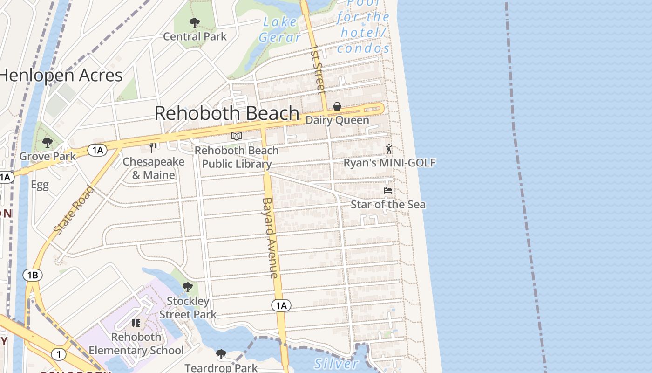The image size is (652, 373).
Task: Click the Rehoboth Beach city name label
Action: [x=227, y=113]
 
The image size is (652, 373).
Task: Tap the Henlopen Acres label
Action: [x=61, y=75]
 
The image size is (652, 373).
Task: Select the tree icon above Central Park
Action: [x=195, y=22]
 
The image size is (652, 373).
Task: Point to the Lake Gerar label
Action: [x=280, y=29]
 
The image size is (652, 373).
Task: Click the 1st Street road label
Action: [x=319, y=69]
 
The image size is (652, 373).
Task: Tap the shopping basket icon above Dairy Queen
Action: [x=337, y=107]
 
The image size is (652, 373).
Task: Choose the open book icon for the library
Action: [x=237, y=137]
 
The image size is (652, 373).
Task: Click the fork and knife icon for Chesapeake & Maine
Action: [x=153, y=148]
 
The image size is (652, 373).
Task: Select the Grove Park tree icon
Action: [x=47, y=143]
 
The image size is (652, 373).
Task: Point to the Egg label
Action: [x=40, y=185]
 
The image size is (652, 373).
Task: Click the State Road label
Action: [x=74, y=210]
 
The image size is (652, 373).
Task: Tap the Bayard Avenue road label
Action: [x=270, y=238]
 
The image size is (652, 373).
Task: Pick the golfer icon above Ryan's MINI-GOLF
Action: [x=389, y=149]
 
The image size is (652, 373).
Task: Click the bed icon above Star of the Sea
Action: [x=387, y=191]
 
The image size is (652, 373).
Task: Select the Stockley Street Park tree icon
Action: [x=188, y=287]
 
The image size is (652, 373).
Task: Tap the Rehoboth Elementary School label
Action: [x=136, y=344]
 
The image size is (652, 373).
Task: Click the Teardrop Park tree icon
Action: [x=221, y=355]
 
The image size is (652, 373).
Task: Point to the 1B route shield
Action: [x=32, y=275]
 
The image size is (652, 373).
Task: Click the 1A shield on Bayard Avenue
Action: [x=281, y=306]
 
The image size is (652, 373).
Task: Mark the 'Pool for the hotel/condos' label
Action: [x=363, y=26]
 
